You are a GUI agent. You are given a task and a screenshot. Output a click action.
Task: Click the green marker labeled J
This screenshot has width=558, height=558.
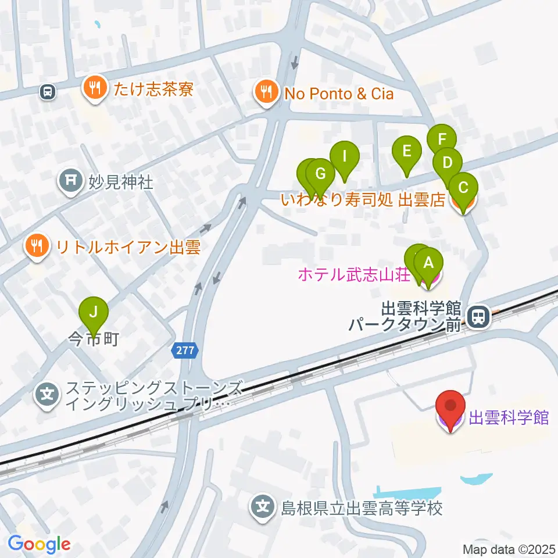pyautogui.click(x=93, y=314)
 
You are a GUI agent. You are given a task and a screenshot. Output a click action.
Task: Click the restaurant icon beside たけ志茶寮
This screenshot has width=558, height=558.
pyautogui.click(x=95, y=88)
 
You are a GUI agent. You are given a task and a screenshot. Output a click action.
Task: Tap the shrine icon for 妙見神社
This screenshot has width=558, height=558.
pyautogui.click(x=70, y=182)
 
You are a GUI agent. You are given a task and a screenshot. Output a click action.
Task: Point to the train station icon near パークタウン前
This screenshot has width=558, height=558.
pyautogui.click(x=478, y=316)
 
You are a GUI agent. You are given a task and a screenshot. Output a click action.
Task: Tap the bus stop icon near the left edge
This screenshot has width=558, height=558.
pyautogui.click(x=48, y=91)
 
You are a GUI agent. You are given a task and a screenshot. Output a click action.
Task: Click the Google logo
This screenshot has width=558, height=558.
pyautogui.click(x=39, y=545)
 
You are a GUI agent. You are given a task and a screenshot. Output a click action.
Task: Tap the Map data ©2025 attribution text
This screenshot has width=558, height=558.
pyautogui.click(x=508, y=549)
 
